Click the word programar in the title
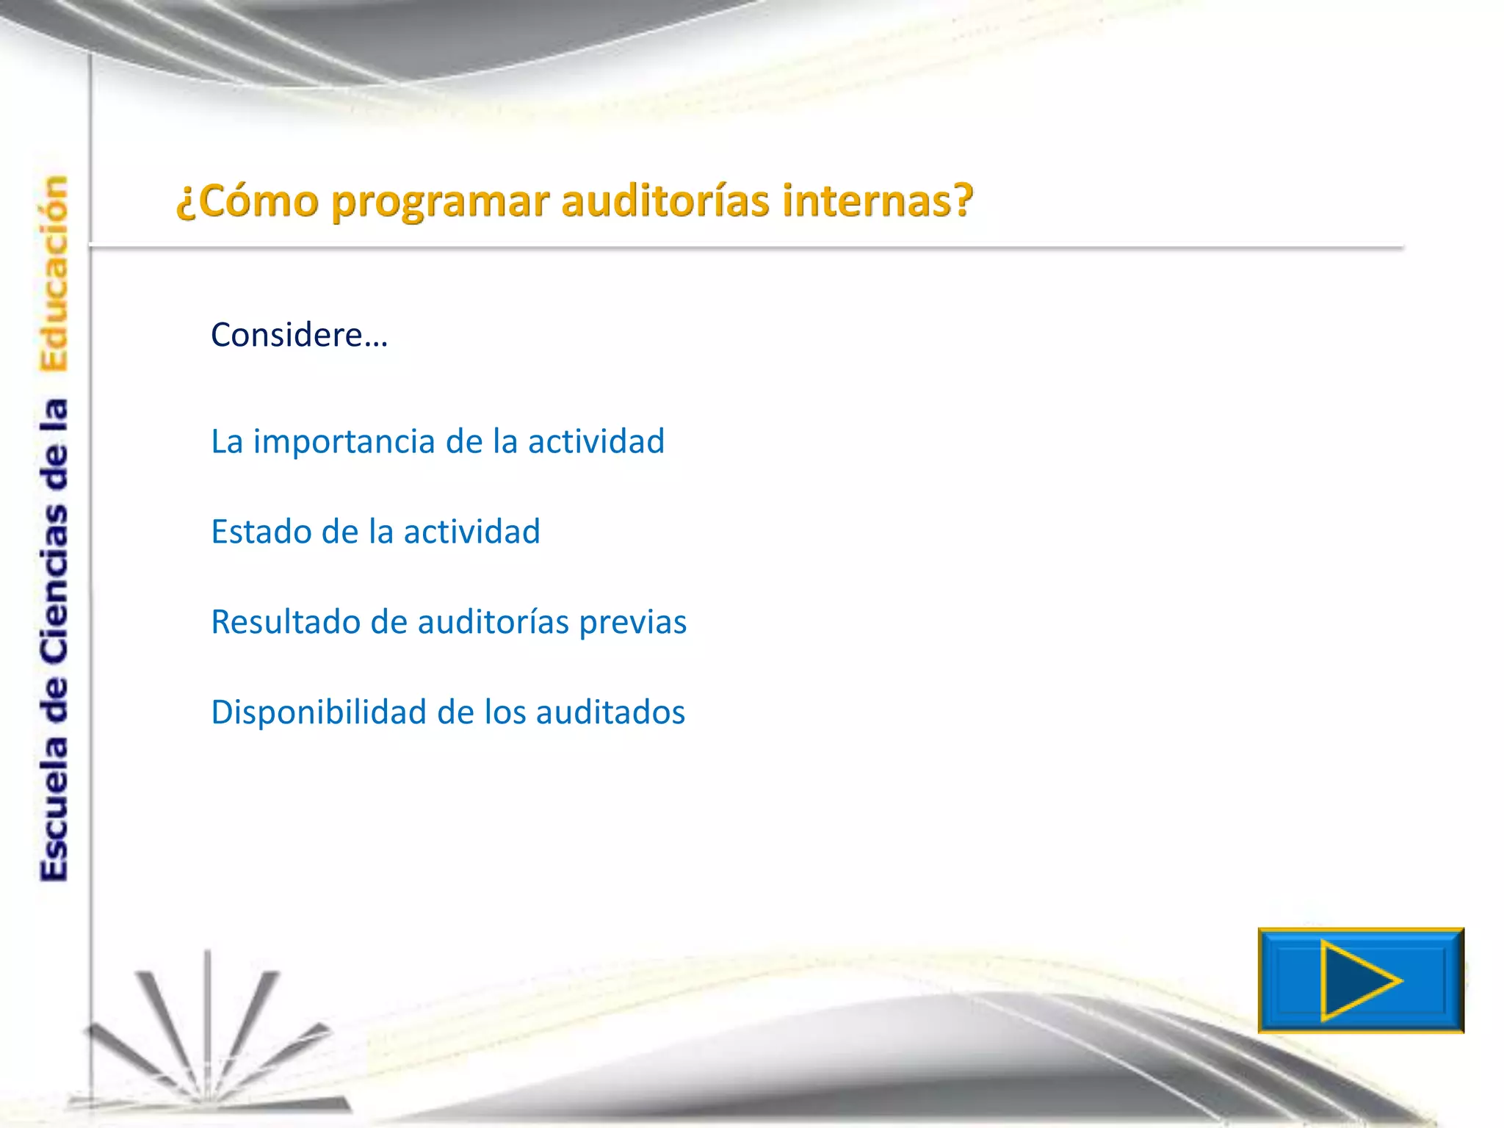pos(440,202)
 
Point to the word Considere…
pos(299,335)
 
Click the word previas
pos(632,622)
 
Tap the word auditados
pos(610,712)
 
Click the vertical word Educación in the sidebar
pos(54,273)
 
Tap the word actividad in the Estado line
pos(471,532)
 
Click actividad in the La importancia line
pos(596,442)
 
